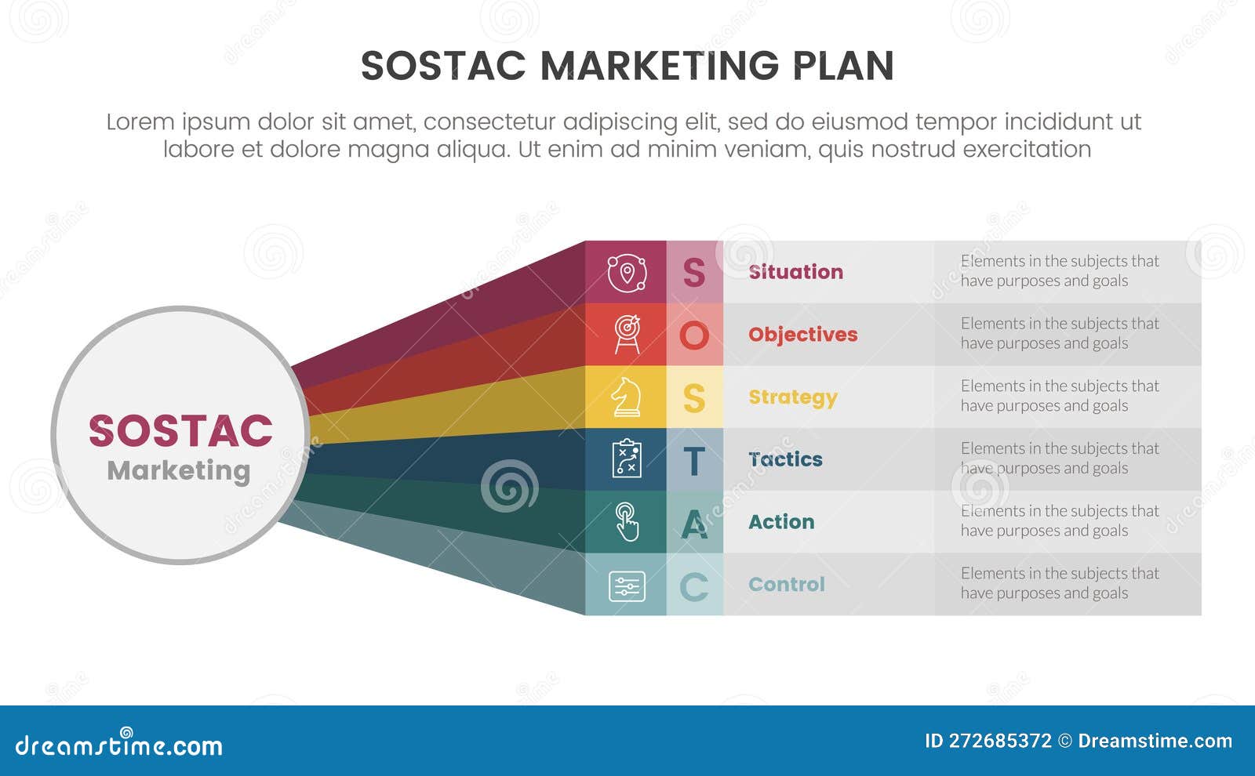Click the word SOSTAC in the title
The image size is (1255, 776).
click(443, 66)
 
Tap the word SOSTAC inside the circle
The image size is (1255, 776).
click(180, 431)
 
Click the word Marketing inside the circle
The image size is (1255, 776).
click(179, 470)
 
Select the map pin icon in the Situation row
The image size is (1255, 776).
click(626, 273)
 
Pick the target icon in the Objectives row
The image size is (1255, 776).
click(627, 335)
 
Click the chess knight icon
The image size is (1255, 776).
click(626, 397)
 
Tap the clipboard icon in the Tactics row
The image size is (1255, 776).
click(626, 459)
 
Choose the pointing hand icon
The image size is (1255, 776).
click(627, 521)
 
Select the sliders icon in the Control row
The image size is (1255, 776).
click(627, 586)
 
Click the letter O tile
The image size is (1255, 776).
click(694, 335)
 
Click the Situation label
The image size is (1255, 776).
click(795, 272)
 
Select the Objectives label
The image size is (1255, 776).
click(802, 335)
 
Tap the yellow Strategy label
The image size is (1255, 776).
click(792, 397)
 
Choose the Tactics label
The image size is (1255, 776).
click(785, 459)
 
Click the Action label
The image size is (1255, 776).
click(781, 522)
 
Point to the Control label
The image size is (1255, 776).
click(786, 585)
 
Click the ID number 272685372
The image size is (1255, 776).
click(999, 741)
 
